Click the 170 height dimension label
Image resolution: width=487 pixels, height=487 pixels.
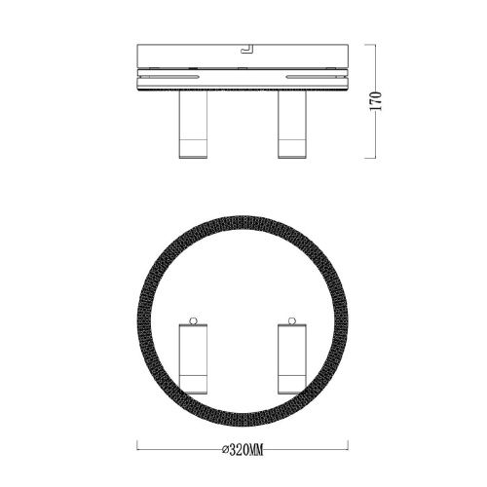point(376,101)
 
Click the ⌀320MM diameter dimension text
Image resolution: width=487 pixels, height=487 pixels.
point(243,450)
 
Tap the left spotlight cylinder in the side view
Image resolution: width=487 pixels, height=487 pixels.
point(193,124)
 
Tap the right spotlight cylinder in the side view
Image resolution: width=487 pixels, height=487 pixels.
point(292,124)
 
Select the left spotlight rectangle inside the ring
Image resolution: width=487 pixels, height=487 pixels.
point(193,358)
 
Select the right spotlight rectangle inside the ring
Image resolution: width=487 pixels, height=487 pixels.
point(292,358)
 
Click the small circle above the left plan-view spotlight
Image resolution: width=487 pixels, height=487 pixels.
point(194,320)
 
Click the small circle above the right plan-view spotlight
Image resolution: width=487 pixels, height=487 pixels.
point(292,320)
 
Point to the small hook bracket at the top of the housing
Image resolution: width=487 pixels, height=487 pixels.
point(245,49)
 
